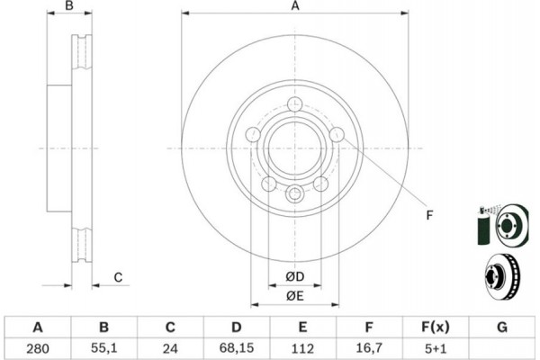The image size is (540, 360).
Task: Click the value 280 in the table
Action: [38, 348]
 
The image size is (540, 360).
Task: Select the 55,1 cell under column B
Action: [104, 348]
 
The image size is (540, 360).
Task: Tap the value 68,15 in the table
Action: [236, 348]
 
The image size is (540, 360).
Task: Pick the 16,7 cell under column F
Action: [369, 348]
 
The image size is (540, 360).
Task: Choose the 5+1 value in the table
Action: [436, 348]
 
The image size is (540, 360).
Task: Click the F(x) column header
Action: [436, 327]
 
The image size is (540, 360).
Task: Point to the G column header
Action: [502, 327]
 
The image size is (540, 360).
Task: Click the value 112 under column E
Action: [302, 348]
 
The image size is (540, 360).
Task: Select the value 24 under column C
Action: [170, 348]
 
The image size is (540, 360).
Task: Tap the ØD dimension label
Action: [295, 276]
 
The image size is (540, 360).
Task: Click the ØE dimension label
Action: [295, 296]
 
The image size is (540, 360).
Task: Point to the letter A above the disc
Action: [295, 6]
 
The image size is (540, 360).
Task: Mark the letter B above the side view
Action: [69, 6]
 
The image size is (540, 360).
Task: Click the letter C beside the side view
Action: [118, 277]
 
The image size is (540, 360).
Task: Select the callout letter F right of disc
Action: [429, 215]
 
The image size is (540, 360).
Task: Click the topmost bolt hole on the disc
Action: [295, 104]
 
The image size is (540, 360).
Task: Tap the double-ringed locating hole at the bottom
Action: [295, 193]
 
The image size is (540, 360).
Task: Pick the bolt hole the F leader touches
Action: [337, 134]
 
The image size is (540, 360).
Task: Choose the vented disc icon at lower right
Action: [503, 277]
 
